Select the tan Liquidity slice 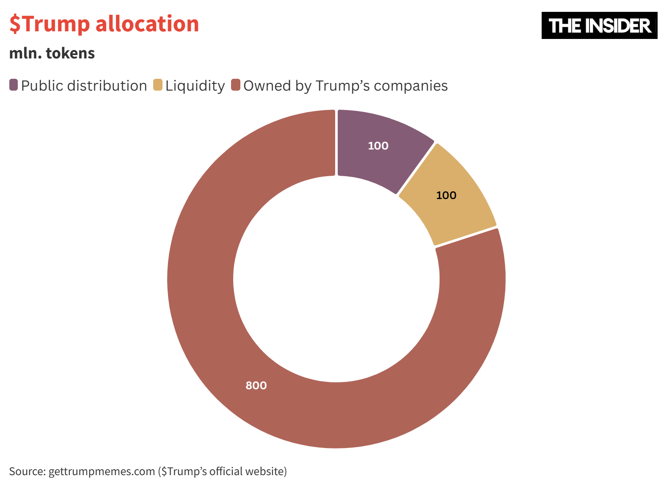tap(449, 199)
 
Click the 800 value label tap(256, 385)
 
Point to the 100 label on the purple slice tap(378, 146)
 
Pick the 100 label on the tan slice tap(446, 195)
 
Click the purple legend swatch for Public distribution tap(14, 85)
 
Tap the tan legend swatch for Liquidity tap(158, 85)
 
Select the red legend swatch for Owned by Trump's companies tap(236, 85)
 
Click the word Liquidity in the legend tap(195, 86)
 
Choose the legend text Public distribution tap(84, 86)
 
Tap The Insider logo tap(599, 25)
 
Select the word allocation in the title tap(147, 24)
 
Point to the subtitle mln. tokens tap(52, 53)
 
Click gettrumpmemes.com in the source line tap(102, 471)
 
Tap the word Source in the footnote tap(26, 471)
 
